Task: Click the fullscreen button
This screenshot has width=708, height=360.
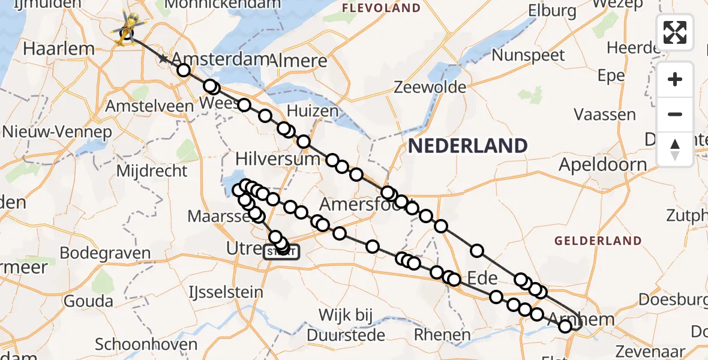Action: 675,32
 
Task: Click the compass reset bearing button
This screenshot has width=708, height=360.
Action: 675,149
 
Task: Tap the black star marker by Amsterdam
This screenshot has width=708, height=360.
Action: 163,59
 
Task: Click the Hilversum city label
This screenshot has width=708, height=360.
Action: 278,159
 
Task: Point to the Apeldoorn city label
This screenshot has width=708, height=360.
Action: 603,164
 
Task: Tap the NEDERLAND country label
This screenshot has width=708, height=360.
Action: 467,145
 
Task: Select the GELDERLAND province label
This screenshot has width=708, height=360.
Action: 598,241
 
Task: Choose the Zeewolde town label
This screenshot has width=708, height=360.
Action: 430,88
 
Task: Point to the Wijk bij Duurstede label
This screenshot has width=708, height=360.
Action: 346,323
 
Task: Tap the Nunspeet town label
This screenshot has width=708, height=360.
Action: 528,56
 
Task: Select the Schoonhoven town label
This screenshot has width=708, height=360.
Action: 146,344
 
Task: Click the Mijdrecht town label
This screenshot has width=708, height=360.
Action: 152,171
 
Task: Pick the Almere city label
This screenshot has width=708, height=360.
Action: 300,61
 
